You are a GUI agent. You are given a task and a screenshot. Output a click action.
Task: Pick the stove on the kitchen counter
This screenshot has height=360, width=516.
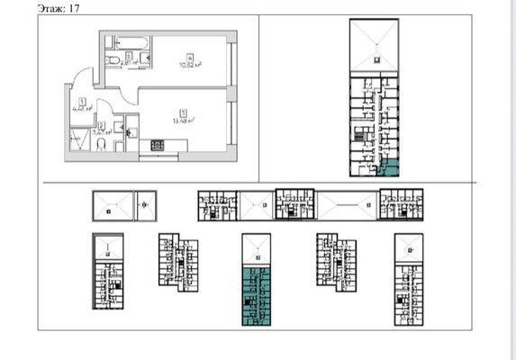[156, 144]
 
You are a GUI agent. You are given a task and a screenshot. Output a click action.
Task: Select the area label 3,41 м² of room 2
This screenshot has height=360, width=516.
[103, 132]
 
